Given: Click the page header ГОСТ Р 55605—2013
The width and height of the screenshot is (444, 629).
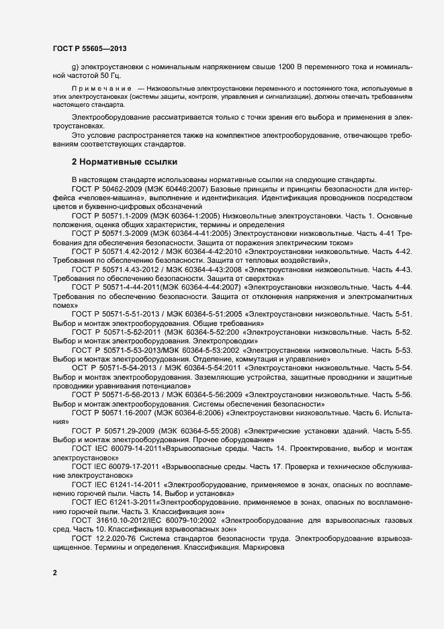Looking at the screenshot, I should coord(89,48).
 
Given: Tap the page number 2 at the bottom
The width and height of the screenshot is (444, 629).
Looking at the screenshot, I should coord(54,573).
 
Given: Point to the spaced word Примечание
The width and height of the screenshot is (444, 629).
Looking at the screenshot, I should coord(101,89).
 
